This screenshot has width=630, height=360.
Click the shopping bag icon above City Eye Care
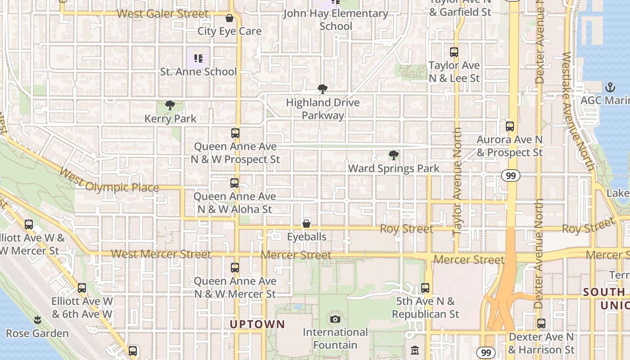[229, 18]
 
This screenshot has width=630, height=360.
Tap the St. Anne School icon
[198, 58]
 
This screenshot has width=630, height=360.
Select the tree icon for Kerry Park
[170, 106]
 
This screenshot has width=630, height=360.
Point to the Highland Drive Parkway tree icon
[322, 89]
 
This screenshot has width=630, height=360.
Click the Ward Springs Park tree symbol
[393, 156]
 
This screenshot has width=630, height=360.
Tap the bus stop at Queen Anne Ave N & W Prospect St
[235, 133]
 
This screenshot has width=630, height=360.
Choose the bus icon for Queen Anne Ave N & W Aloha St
[234, 183]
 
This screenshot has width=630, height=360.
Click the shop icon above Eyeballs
[306, 224]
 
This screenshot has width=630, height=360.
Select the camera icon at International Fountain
[335, 319]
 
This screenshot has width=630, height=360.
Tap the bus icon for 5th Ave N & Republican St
[425, 288]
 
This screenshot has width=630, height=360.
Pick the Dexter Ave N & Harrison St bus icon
[541, 324]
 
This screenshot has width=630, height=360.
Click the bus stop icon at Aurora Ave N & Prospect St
[509, 126]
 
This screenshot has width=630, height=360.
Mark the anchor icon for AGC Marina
[610, 87]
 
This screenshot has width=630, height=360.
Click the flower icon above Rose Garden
[37, 320]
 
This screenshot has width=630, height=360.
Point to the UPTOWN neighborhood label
[257, 324]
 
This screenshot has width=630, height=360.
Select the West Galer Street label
[162, 14]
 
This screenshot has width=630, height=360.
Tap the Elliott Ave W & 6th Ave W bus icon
[82, 288]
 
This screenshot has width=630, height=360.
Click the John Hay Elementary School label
[335, 20]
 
